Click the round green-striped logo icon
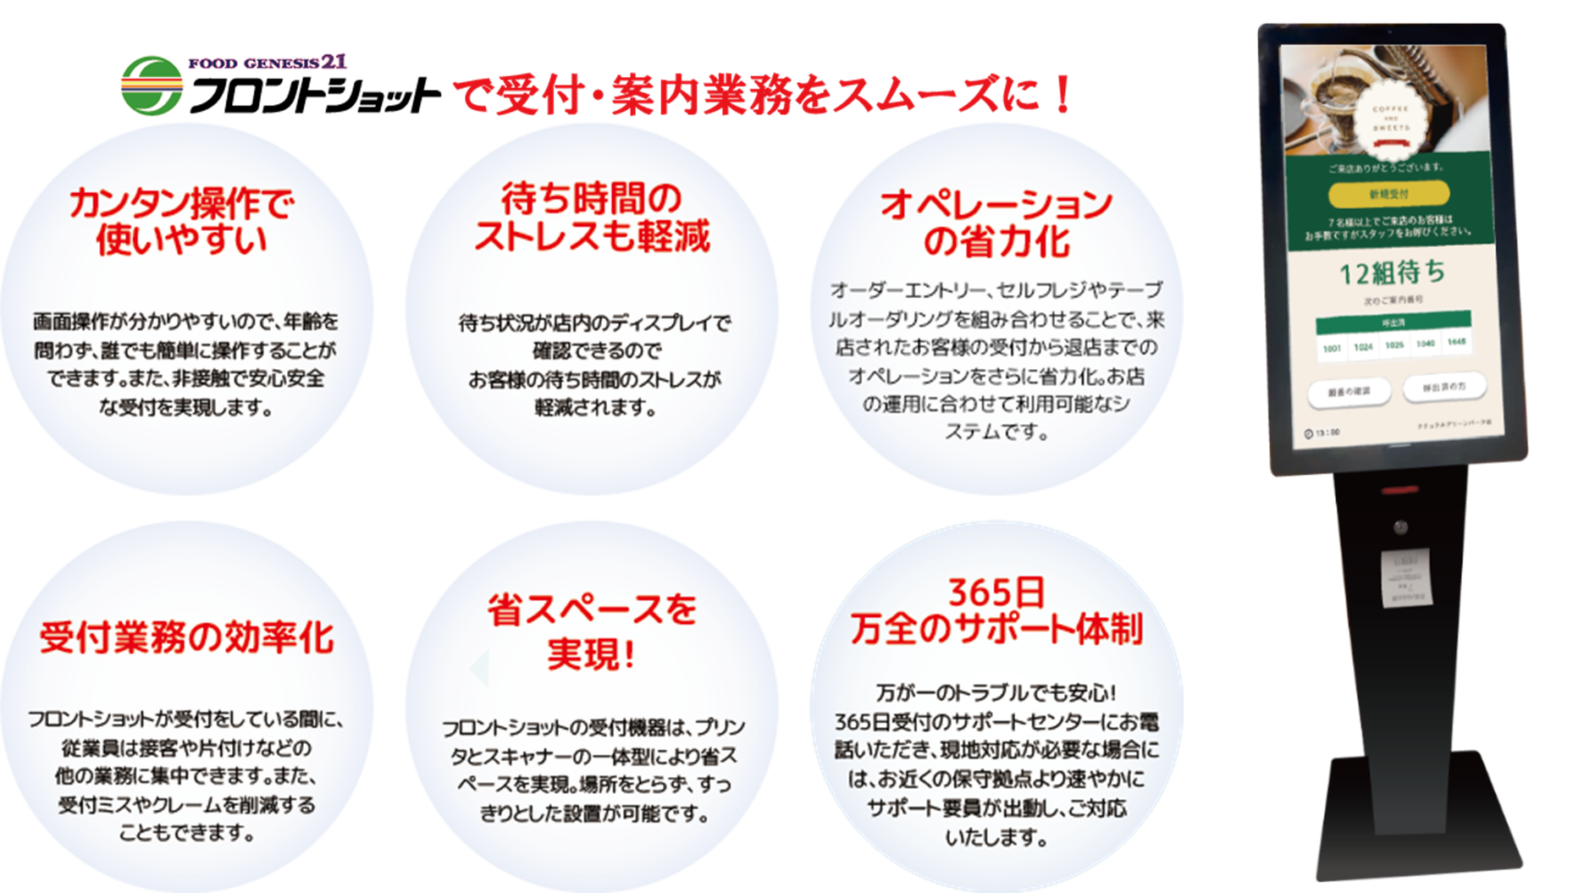152,85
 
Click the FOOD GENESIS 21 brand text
268,63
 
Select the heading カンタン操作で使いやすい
182,222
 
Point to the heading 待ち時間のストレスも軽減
592,218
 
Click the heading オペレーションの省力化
996,223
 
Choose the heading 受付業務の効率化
187,637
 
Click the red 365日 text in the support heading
996,593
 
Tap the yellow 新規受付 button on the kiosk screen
1389,194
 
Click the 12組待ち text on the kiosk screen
1392,273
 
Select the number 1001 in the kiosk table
1332,348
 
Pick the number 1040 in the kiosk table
1426,344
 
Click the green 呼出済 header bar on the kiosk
1393,322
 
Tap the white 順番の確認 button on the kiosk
1349,392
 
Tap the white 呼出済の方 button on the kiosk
1443,387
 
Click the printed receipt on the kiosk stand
1406,577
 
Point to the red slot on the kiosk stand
1399,490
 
